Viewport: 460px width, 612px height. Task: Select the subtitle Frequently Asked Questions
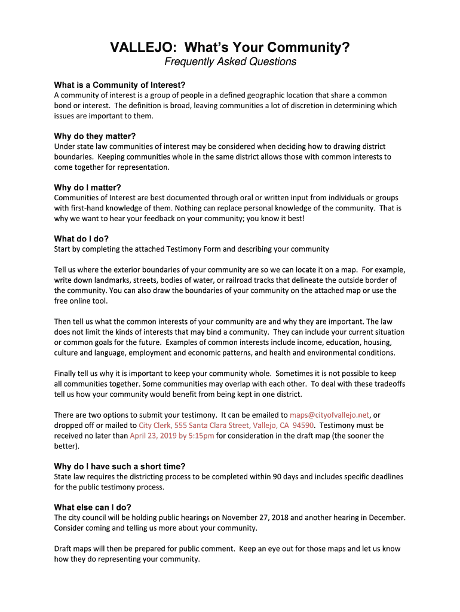tap(230, 62)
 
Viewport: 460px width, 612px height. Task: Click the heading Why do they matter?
tap(95, 136)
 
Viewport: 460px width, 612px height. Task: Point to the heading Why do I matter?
tap(87, 187)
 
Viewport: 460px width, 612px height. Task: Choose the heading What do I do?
tap(81, 238)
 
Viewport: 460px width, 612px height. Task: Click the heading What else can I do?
tap(93, 507)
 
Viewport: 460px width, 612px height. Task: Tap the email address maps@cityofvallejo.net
tap(330, 415)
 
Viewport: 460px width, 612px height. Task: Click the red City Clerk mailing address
tap(226, 426)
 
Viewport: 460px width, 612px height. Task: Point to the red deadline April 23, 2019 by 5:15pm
tap(171, 436)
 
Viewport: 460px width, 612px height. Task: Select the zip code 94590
tap(303, 426)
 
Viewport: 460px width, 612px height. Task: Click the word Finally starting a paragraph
tap(67, 374)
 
